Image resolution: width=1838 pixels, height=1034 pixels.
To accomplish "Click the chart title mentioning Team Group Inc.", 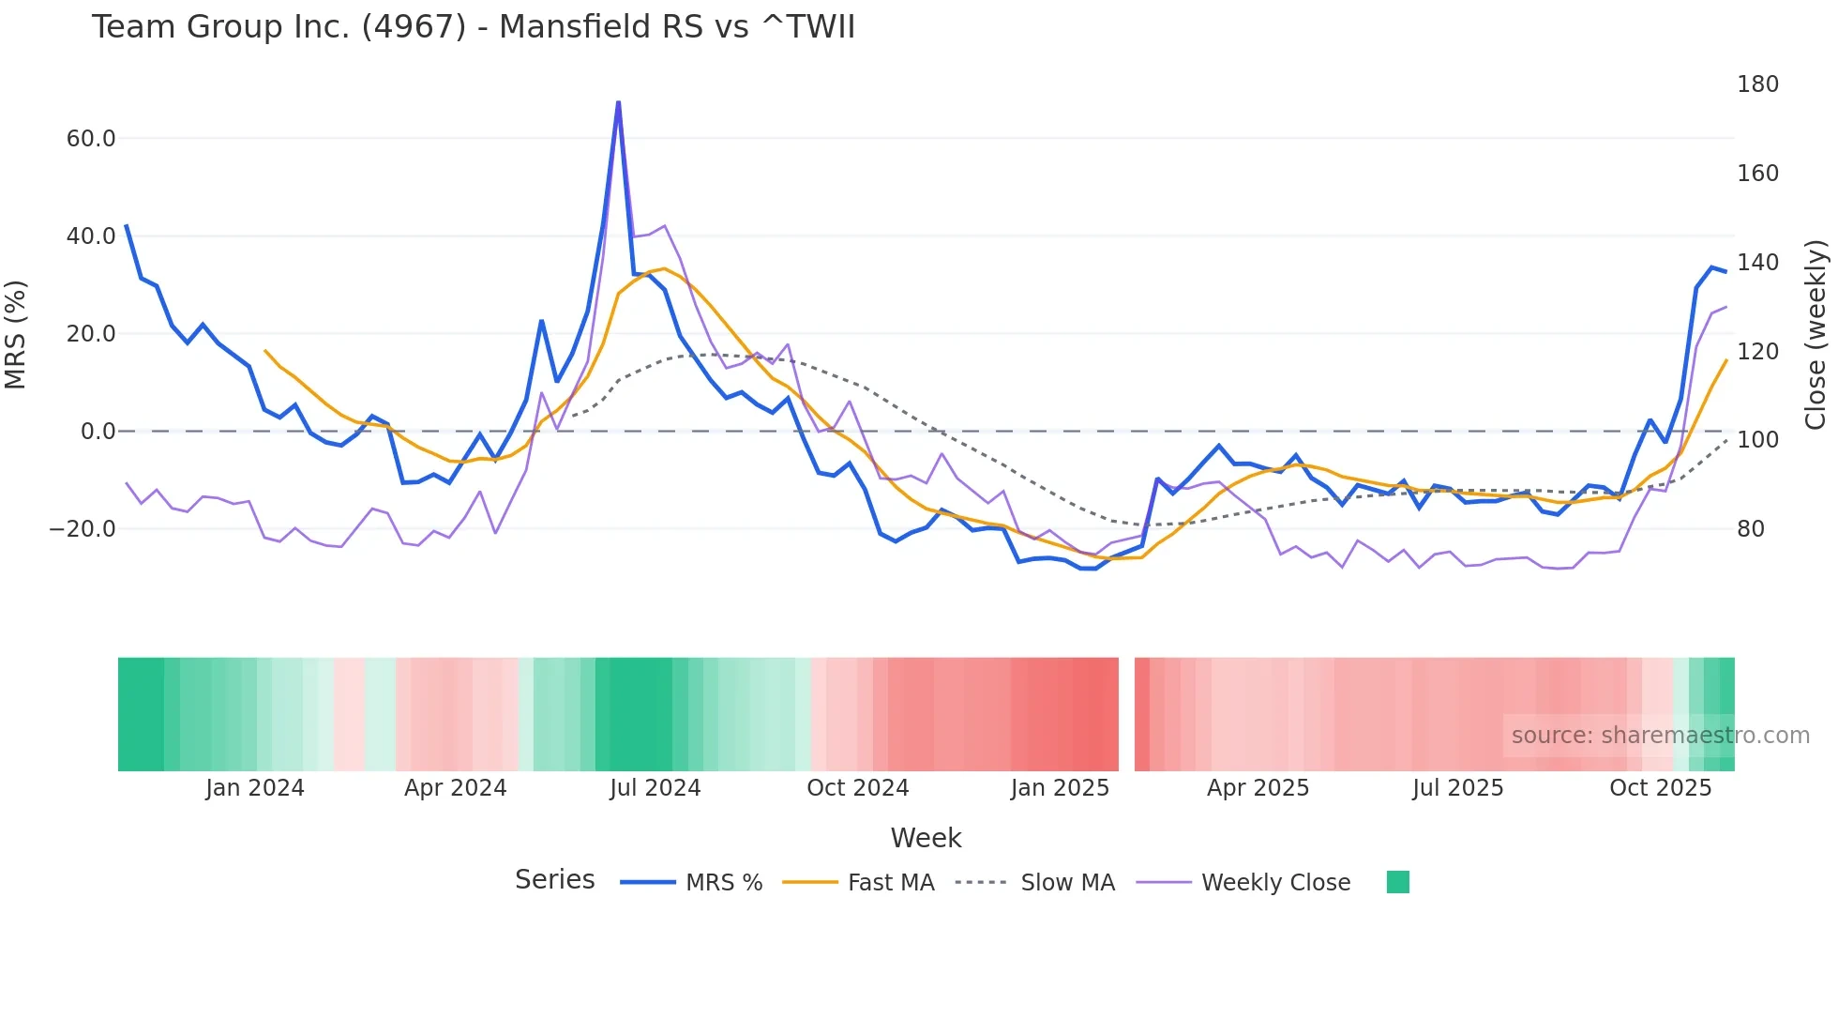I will [473, 27].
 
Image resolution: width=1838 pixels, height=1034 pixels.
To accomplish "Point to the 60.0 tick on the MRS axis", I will [90, 139].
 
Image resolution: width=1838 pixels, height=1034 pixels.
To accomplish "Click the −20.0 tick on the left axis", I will [83, 529].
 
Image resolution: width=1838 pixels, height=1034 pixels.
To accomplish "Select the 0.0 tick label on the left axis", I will [98, 432].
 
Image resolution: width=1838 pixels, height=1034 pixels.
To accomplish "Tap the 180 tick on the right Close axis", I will [1757, 84].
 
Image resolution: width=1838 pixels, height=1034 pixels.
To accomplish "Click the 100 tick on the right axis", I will [1757, 440].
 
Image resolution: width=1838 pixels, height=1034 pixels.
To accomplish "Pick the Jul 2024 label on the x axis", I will [655, 788].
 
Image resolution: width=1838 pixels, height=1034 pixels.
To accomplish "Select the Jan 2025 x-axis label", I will [1060, 788].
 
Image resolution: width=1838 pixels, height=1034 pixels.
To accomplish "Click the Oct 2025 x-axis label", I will [1660, 788].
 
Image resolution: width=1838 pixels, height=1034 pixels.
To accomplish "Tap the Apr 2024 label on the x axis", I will [455, 788].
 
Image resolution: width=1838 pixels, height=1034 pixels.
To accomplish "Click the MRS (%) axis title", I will [15, 334].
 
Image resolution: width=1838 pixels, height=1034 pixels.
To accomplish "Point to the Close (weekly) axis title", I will [1815, 334].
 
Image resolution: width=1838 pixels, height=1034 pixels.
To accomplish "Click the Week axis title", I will [926, 838].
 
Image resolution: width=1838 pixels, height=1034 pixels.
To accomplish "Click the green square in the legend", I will [1397, 882].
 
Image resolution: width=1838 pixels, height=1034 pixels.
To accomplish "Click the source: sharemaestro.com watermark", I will [1660, 736].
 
